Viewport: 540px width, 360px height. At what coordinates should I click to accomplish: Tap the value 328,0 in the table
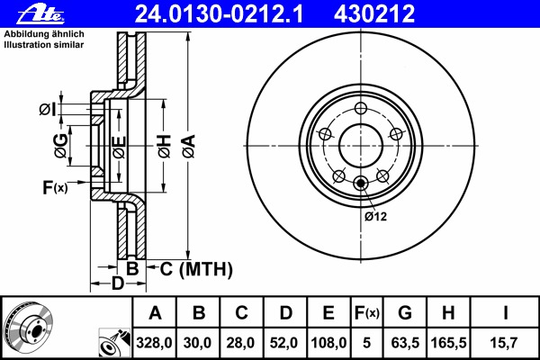[x=155, y=343]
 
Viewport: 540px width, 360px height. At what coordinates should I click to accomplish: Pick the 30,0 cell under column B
[x=199, y=343]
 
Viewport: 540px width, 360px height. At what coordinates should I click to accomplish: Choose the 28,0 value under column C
[x=242, y=343]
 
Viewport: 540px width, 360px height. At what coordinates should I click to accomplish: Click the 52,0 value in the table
[x=285, y=343]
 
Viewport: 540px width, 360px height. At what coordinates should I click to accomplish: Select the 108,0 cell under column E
[x=328, y=343]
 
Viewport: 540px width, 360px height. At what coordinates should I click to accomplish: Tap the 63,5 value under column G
[x=405, y=343]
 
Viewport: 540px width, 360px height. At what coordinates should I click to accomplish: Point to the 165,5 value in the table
[x=450, y=343]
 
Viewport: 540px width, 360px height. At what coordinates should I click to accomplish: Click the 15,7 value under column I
[x=506, y=343]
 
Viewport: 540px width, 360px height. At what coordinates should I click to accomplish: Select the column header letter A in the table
[x=155, y=313]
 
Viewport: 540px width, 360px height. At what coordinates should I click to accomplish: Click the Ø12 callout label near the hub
[x=375, y=216]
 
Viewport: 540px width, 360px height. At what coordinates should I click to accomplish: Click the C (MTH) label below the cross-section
[x=196, y=268]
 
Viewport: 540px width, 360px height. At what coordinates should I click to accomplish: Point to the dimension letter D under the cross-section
[x=117, y=285]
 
